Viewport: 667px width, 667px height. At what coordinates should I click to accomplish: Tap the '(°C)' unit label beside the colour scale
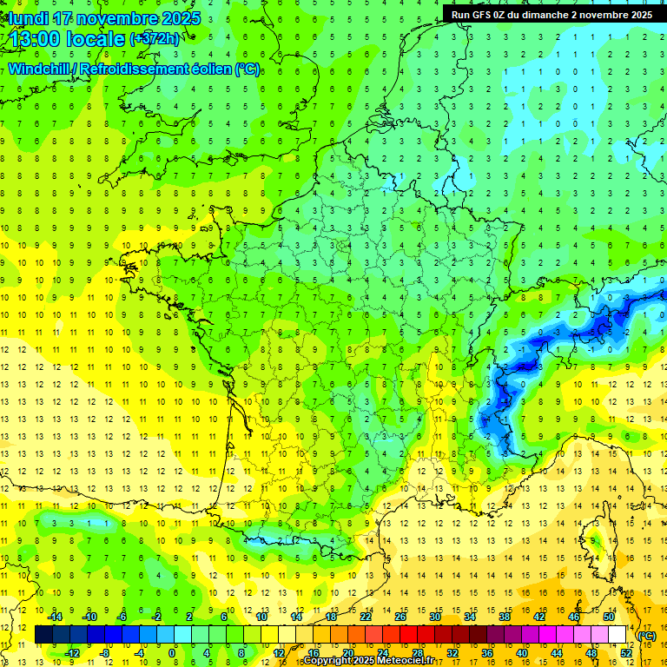click(646, 636)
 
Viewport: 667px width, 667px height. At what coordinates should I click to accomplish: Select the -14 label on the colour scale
click(56, 617)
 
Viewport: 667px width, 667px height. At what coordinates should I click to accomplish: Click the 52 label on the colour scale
click(625, 652)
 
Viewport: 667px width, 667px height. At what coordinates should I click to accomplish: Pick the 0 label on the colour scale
click(172, 652)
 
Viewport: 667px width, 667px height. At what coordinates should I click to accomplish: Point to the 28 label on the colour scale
click(417, 652)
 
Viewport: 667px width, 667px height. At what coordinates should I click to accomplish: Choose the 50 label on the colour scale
click(608, 617)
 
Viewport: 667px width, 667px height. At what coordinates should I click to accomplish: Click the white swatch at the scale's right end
click(617, 635)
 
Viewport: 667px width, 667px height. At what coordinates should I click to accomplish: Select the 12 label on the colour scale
click(279, 652)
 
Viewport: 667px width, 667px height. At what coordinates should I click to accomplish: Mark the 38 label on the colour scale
click(504, 617)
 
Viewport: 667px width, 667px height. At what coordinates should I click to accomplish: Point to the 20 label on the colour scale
click(347, 652)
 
